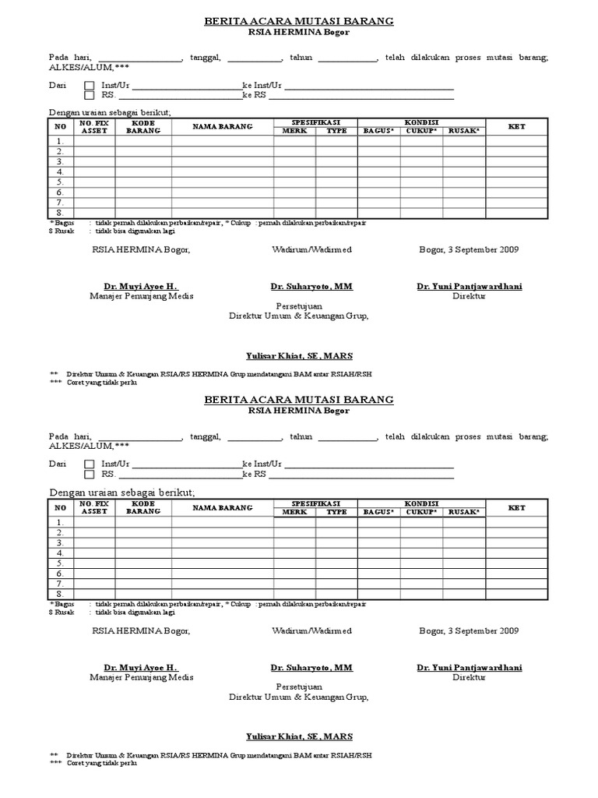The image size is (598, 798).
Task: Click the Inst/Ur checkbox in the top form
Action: pos(89,85)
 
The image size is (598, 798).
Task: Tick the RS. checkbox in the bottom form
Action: pos(89,474)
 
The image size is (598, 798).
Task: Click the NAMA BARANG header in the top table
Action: pos(223,127)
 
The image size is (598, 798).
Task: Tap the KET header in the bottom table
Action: pos(517,507)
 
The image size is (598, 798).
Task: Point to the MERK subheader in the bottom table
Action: pos(294,512)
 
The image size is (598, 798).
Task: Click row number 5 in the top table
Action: pos(59,182)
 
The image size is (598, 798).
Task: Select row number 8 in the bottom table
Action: pos(59,594)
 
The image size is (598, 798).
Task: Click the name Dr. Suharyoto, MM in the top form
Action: pos(311,287)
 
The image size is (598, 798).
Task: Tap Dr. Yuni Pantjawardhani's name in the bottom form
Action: pos(470,668)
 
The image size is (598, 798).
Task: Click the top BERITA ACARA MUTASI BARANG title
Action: pos(299,21)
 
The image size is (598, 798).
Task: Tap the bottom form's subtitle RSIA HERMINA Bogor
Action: pos(299,411)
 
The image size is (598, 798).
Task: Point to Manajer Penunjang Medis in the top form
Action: pos(141,296)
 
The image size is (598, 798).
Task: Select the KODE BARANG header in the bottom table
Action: pos(143,507)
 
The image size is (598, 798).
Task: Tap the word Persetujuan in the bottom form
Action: pos(298,687)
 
